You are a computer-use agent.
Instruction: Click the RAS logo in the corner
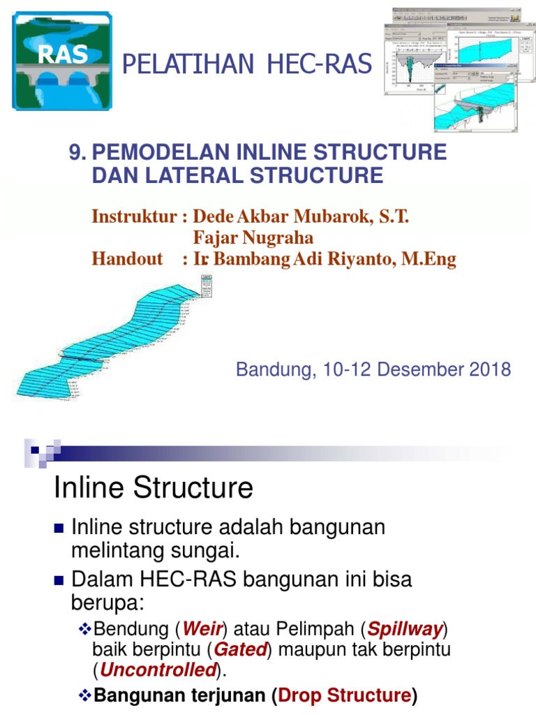pyautogui.click(x=62, y=61)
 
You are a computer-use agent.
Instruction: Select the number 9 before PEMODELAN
pyautogui.click(x=75, y=152)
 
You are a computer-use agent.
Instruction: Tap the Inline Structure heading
pyautogui.click(x=154, y=487)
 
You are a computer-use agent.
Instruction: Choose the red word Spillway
pyautogui.click(x=405, y=629)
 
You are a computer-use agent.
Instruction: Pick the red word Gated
pyautogui.click(x=240, y=649)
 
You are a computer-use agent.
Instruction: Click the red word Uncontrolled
pyautogui.click(x=157, y=670)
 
